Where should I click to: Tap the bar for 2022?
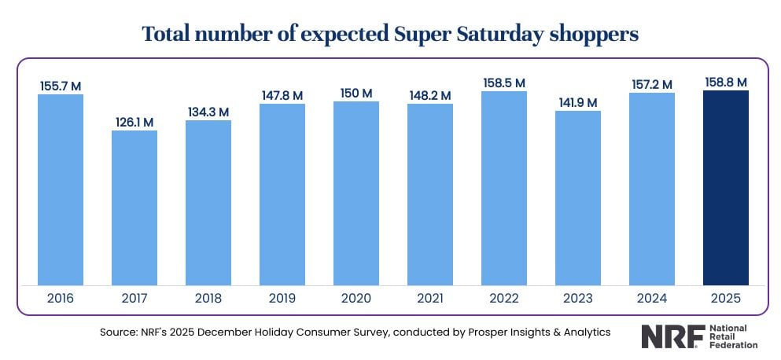click(x=504, y=188)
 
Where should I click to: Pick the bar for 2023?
click(x=578, y=197)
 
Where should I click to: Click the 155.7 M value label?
click(x=61, y=85)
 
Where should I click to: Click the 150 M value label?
click(x=356, y=94)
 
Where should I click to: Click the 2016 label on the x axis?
click(x=61, y=299)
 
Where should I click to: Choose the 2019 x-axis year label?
click(x=282, y=299)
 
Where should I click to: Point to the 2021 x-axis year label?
click(x=430, y=299)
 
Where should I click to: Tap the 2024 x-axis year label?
click(x=652, y=299)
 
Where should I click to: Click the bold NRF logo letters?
click(x=668, y=336)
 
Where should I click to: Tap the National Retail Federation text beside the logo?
click(x=732, y=336)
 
